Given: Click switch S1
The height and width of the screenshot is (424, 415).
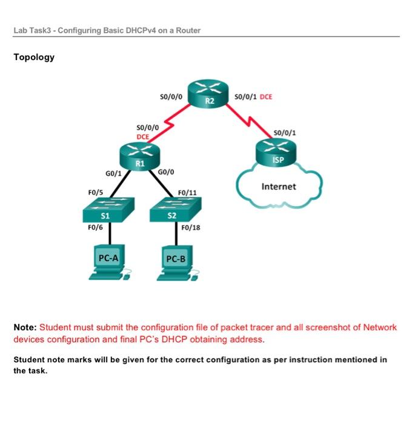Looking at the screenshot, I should pos(105,212).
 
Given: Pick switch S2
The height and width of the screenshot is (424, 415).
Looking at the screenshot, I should pos(171,212).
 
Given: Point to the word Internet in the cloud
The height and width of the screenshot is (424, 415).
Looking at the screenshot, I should pos(279,187).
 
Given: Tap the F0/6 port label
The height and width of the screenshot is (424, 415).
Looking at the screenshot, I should pos(96,228).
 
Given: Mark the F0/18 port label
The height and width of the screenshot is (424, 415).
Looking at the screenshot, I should pos(191,228).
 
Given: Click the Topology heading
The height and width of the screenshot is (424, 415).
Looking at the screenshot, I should pos(34,58).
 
